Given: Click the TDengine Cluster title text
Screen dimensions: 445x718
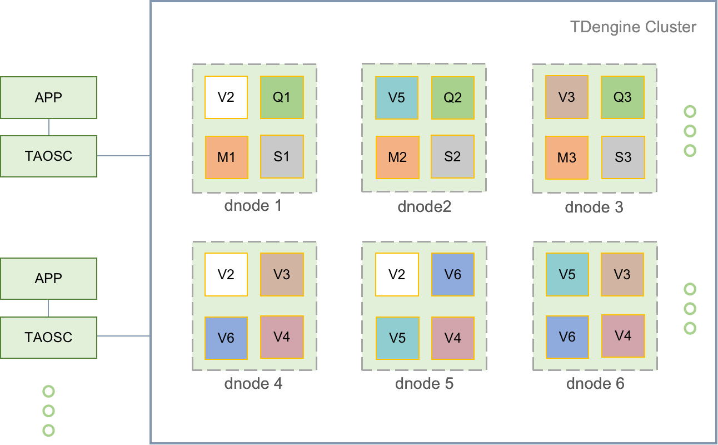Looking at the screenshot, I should point(633,27).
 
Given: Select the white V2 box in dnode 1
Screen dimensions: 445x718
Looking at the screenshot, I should point(226,97).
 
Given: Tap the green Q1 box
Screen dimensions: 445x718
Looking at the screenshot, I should point(282,97).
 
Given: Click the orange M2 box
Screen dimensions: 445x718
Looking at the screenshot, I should point(397,157).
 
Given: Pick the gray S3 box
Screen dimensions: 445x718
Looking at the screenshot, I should point(623,157).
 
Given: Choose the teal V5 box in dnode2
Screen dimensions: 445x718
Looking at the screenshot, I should point(397,98).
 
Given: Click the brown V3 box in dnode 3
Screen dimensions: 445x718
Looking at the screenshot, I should point(567,97).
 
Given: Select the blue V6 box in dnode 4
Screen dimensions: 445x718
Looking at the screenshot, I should point(226,338).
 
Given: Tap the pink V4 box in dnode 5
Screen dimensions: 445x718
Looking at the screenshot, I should point(453,337).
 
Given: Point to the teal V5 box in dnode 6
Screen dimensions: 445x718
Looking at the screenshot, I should point(567,274).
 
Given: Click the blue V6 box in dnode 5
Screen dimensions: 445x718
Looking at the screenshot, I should point(453,274).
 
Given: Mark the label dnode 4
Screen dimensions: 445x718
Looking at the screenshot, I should point(253,384).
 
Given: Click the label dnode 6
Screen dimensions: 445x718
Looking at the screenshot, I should point(595,384).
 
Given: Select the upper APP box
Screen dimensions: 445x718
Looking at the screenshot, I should point(48,97).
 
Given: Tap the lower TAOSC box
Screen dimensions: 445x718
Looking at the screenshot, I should point(48,338).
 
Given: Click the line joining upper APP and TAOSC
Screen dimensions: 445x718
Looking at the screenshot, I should point(48,127).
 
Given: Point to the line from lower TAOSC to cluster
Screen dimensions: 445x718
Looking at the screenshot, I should point(123,336).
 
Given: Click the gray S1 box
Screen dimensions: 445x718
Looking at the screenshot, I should point(282,157).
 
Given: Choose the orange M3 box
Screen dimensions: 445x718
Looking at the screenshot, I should point(567,157).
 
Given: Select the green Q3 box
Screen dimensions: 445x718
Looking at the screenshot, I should point(623,97).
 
